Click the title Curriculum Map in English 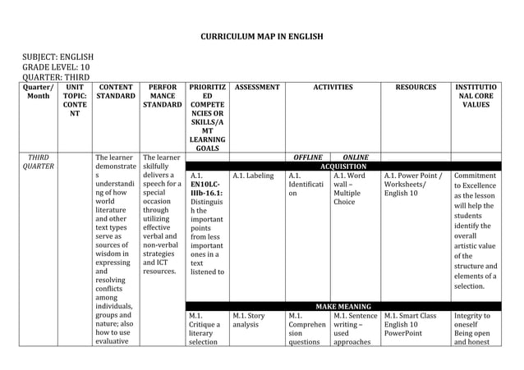click(x=262, y=37)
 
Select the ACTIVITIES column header click(x=332, y=86)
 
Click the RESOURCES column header click(x=416, y=86)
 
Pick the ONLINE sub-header click(x=355, y=156)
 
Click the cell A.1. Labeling click(x=253, y=175)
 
